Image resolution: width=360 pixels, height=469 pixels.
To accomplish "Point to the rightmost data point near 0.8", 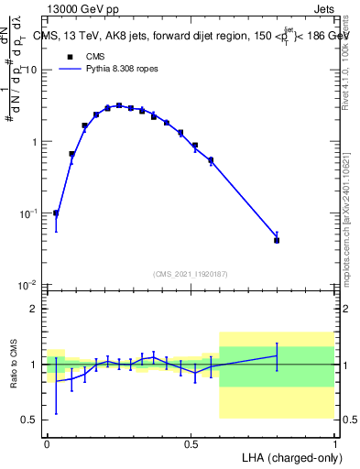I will pyautogui.click(x=277, y=240).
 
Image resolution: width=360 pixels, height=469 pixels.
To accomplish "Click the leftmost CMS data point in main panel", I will pyautogui.click(x=56, y=213).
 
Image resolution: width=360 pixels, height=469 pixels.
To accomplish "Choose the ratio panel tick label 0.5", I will pyautogui.click(x=29, y=420).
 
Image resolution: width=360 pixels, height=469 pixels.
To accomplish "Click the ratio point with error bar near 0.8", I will pyautogui.click(x=277, y=355).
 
